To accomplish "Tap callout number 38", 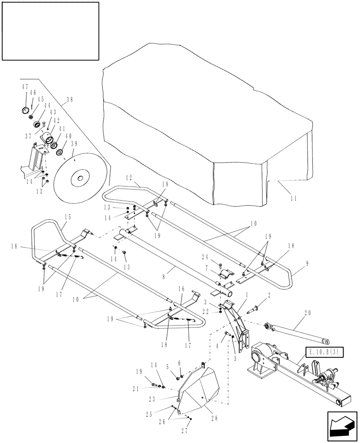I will coord(70,101).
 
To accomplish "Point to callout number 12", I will coord(129,178).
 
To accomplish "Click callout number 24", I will coord(206,256).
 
